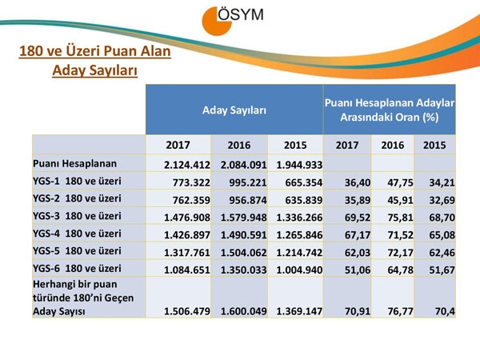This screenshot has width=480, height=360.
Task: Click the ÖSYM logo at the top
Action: pos(240,21)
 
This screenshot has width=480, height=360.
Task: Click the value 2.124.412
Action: pos(186,165)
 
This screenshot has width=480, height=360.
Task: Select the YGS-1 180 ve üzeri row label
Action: pos(78,182)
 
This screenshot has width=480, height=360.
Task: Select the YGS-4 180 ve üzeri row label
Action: pos(78,234)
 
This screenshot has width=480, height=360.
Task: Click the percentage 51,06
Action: pos(353,269)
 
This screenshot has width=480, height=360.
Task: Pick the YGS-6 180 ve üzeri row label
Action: pos(78,268)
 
